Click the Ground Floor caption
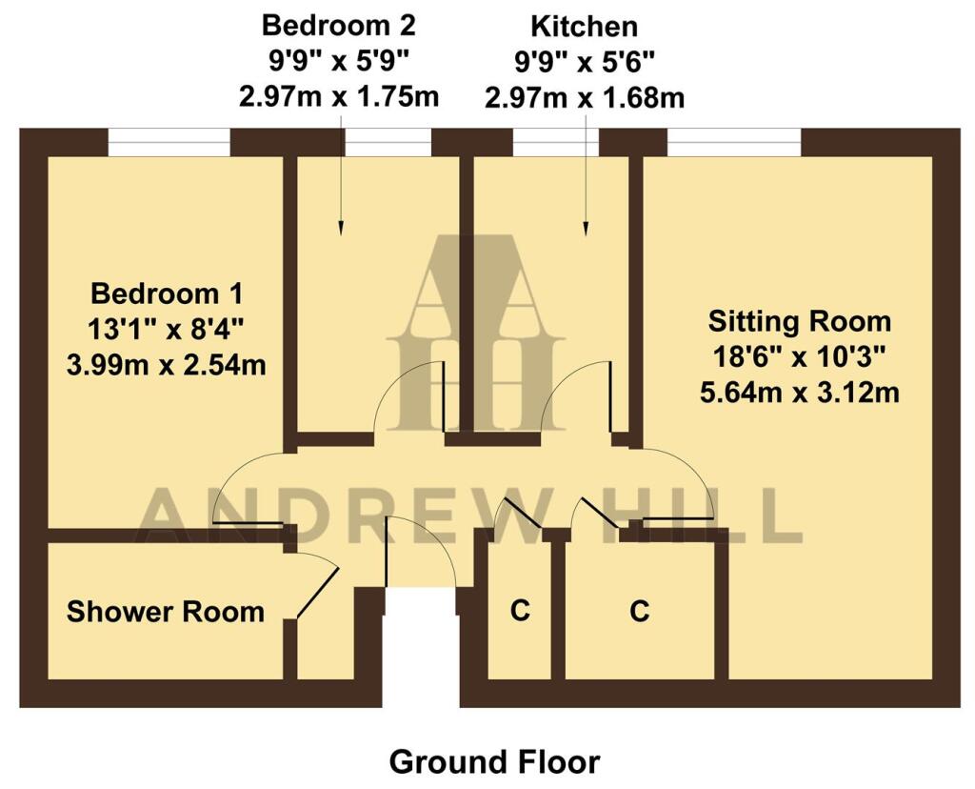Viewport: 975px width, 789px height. (494, 762)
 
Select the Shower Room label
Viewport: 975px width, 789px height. (166, 611)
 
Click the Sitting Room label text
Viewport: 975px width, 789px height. (799, 320)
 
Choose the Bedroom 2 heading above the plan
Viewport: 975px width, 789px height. (339, 24)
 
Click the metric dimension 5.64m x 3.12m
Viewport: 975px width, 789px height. (799, 392)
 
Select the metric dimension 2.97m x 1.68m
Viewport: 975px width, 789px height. (585, 96)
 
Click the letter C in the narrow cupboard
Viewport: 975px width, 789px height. (519, 611)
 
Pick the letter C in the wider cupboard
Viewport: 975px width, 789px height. (639, 611)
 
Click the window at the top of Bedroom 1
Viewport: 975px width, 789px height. (169, 143)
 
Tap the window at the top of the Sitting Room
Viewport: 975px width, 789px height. (733, 143)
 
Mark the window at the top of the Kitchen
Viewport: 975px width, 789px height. (555, 143)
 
